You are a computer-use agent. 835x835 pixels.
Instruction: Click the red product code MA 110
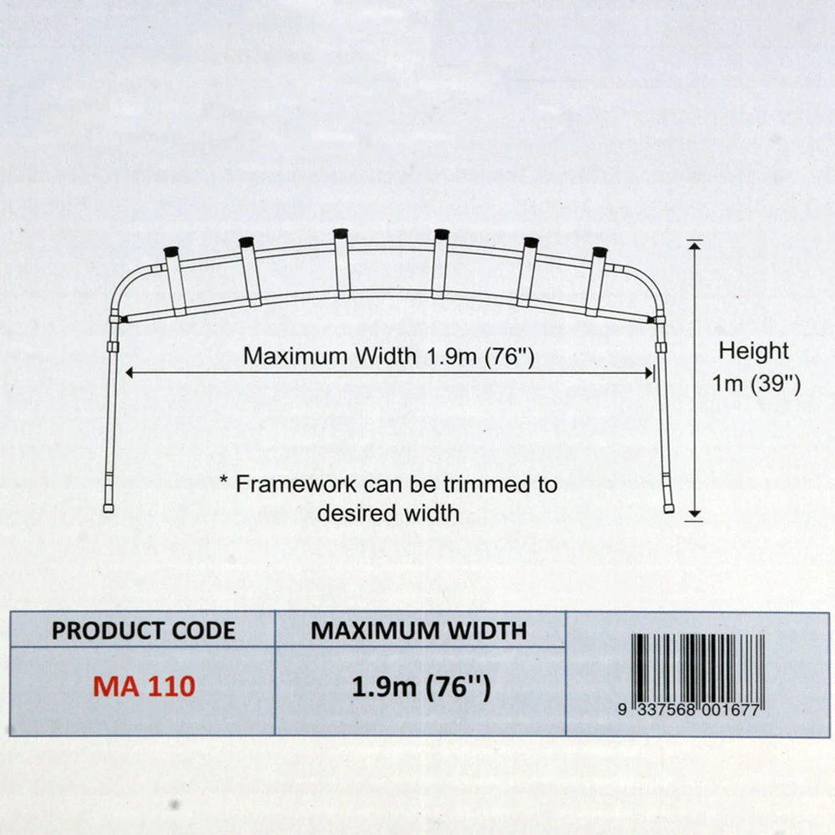tap(144, 686)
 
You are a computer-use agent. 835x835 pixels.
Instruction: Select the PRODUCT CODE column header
tap(144, 630)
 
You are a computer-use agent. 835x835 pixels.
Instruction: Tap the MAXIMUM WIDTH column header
tap(419, 630)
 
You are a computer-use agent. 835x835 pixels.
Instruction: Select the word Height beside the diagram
tap(754, 351)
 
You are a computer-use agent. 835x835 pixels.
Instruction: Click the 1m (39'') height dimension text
tap(757, 384)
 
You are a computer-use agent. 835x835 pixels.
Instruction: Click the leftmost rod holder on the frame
tap(175, 280)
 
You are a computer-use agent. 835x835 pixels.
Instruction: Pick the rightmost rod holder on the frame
tap(596, 280)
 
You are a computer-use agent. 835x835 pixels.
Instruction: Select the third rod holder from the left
tap(342, 262)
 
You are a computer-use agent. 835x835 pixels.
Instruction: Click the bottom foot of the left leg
tap(109, 507)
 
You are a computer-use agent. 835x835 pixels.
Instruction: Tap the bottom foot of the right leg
tap(668, 507)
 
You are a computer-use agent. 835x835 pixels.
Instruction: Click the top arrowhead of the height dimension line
tap(694, 245)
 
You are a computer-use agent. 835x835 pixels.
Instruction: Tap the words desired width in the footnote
tap(388, 512)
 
